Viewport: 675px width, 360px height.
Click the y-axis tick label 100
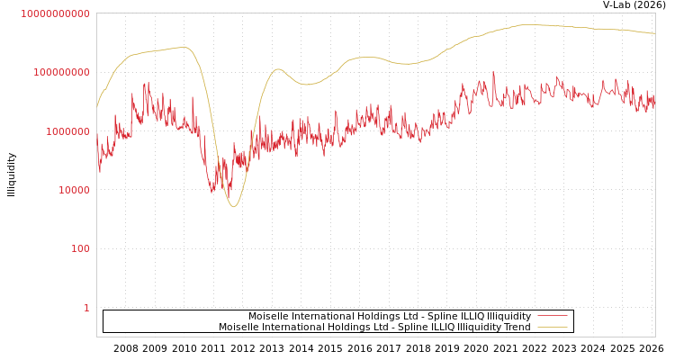coord(80,248)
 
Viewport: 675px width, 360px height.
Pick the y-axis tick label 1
coord(86,308)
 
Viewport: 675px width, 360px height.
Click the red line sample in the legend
coord(552,316)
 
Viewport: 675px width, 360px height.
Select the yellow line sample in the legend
coord(552,327)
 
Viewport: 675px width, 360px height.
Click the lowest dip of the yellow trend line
coord(233,207)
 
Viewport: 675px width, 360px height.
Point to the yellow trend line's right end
coord(654,33)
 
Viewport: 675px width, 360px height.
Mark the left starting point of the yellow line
coord(97,107)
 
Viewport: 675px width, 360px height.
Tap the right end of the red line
coord(654,101)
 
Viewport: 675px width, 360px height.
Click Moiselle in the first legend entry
coord(267,316)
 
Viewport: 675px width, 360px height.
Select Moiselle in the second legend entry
coord(238,327)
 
